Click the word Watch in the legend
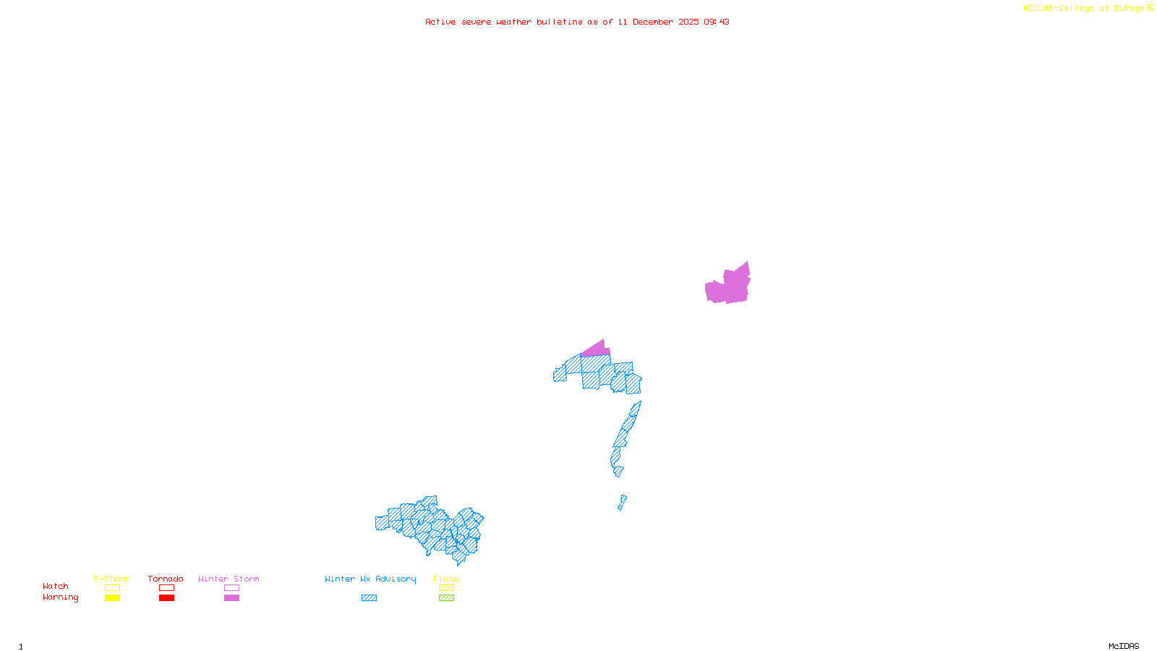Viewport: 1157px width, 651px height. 56,587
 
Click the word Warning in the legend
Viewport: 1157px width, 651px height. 61,597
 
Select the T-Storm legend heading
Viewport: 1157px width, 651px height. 111,579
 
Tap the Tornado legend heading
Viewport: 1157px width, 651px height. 166,579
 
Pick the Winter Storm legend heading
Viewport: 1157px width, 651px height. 229,579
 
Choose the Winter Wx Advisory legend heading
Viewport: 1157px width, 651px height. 370,579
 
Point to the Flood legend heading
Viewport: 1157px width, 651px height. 446,579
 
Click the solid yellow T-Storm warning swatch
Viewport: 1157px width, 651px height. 112,598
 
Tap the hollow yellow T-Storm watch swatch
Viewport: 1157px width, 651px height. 112,588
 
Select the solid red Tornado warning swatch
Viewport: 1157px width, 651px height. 166,598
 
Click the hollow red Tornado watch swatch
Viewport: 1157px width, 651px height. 166,588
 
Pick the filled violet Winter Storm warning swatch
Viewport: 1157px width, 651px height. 231,598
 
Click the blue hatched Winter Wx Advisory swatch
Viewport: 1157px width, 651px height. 369,598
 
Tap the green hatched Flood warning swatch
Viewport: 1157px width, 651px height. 446,598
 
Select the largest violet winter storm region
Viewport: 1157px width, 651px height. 730,286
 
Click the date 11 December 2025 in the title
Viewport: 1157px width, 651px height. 658,22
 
